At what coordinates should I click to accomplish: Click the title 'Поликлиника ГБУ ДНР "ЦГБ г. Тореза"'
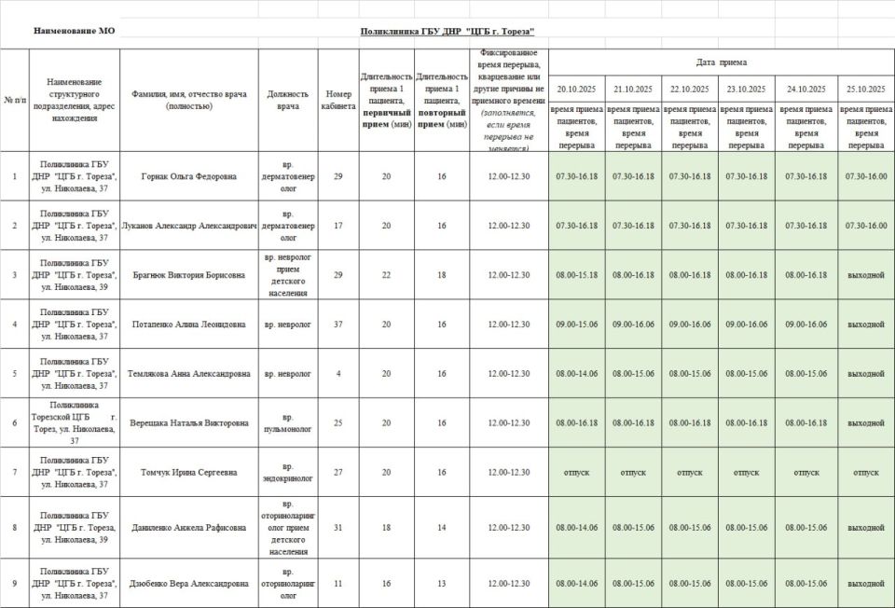tap(447, 31)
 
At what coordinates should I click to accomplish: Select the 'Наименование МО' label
tap(75, 31)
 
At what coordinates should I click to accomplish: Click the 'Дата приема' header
tap(721, 62)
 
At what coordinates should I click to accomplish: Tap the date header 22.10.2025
tap(690, 89)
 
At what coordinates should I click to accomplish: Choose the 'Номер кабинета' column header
tap(338, 100)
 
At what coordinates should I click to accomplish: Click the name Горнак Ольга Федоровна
tap(188, 176)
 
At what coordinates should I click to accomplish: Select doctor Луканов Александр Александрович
tap(188, 226)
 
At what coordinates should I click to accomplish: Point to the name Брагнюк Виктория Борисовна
tap(188, 275)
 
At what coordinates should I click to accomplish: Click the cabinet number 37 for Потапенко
tap(338, 325)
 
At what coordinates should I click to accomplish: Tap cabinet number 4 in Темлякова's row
tap(338, 374)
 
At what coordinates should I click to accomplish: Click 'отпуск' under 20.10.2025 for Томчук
tap(576, 472)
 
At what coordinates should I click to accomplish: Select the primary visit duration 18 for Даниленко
tap(387, 528)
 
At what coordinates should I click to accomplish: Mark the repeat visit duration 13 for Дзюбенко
tap(442, 584)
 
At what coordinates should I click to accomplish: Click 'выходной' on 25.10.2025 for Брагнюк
tap(865, 275)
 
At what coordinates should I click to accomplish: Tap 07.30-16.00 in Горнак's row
tap(865, 176)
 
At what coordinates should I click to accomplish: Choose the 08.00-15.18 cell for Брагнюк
tap(576, 275)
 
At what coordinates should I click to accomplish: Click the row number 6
tap(14, 423)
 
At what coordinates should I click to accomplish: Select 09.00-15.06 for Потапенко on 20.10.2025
tap(576, 325)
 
